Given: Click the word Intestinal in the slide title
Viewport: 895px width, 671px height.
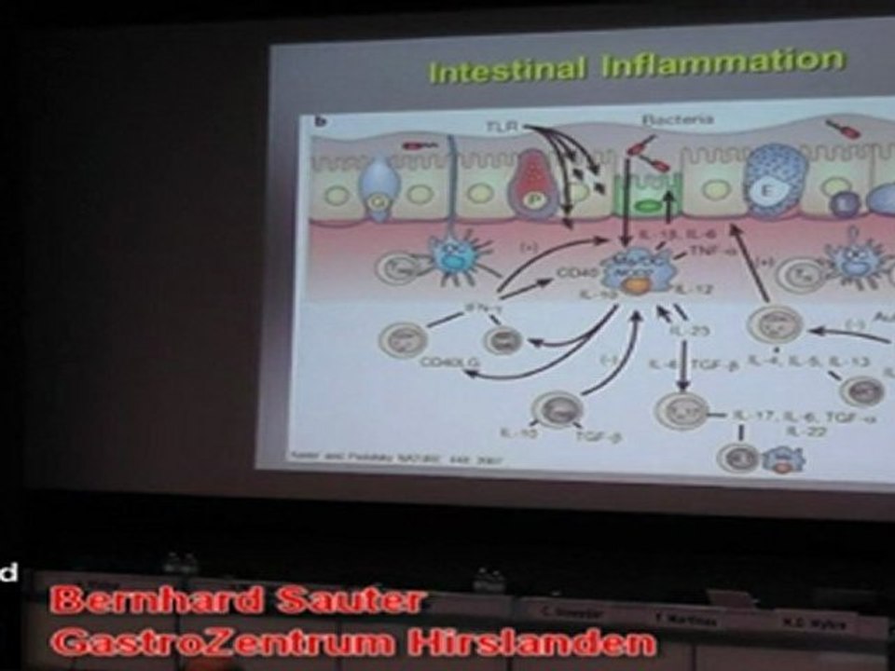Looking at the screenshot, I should click(508, 69).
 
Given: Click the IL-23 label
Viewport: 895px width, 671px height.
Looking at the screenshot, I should click(688, 330).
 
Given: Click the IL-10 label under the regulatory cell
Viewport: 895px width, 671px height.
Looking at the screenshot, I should click(513, 433).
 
